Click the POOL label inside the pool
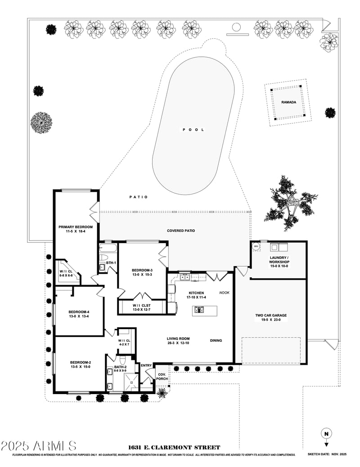pyautogui.click(x=193, y=130)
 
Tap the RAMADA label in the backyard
pyautogui.click(x=289, y=102)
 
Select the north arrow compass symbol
pyautogui.click(x=326, y=434)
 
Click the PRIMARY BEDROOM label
pyautogui.click(x=76, y=227)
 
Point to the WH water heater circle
pyautogui.click(x=256, y=246)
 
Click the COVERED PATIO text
pyautogui.click(x=181, y=231)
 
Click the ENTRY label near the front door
pyautogui.click(x=146, y=366)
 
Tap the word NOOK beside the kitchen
pyautogui.click(x=224, y=293)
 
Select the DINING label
pyautogui.click(x=216, y=340)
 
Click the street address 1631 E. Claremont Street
pyautogui.click(x=174, y=447)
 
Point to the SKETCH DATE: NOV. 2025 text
pyautogui.click(x=328, y=454)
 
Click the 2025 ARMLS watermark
pyautogui.click(x=38, y=446)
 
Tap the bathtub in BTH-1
pyautogui.click(x=108, y=248)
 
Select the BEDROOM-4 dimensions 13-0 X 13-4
pyautogui.click(x=79, y=317)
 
